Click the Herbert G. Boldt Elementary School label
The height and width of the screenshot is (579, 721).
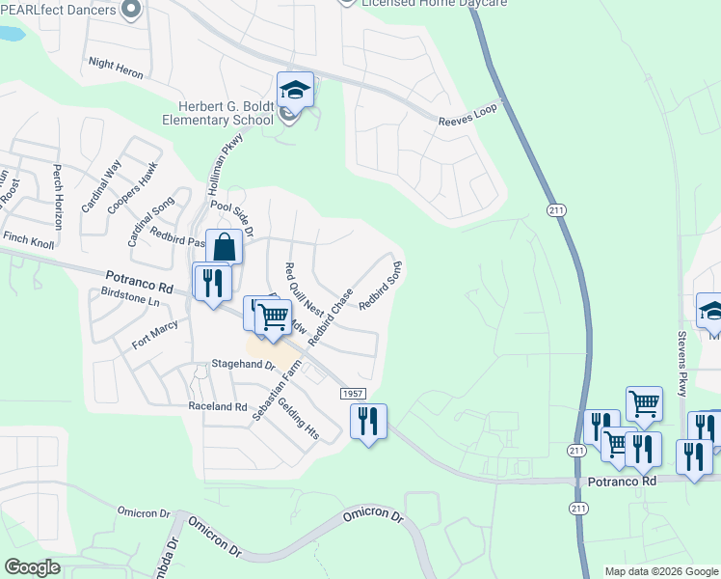tap(226, 113)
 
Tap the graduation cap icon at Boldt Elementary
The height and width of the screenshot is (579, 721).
tap(295, 92)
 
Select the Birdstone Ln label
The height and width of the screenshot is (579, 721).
tap(129, 300)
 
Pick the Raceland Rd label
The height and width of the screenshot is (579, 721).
tap(218, 407)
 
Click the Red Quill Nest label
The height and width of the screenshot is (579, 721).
tap(304, 290)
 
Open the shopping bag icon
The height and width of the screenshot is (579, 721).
tap(224, 247)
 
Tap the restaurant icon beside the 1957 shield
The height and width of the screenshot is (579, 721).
tap(367, 421)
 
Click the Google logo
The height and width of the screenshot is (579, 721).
tap(32, 567)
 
